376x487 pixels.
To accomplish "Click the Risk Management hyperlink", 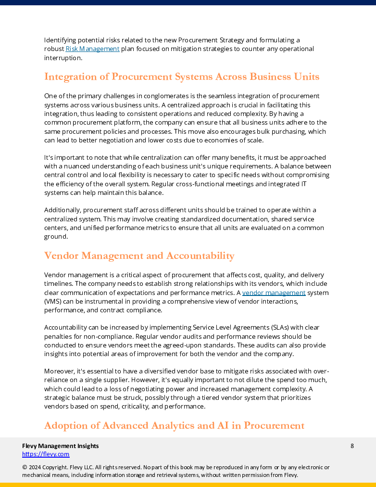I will coord(92,49).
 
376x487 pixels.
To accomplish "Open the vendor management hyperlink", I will coord(274,293).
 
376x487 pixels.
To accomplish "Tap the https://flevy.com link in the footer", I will coord(46,454).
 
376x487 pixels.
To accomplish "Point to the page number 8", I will coord(352,446).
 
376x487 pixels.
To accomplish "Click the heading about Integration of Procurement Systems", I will coord(182,77).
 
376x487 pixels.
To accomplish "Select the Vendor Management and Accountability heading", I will coord(139,256).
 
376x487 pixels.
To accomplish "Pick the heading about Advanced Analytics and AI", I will coord(174,425).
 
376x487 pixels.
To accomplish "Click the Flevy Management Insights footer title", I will coord(61,446).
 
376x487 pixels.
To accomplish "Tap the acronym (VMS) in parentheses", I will coord(53,302).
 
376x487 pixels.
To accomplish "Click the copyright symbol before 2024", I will coord(25,467).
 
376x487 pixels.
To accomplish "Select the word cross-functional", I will coord(196,184).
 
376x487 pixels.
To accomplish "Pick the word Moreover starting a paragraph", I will coord(60,372).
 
